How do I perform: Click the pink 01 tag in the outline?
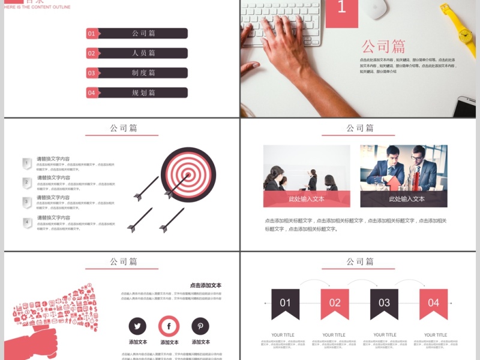(x=92, y=34)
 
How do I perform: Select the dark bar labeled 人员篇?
(x=144, y=53)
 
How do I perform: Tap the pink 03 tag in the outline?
(x=92, y=73)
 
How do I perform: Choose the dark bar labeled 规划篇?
(x=144, y=93)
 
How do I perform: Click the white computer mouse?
(x=377, y=9)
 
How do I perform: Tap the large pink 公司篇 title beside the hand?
(x=383, y=46)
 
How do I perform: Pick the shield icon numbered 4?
(x=27, y=223)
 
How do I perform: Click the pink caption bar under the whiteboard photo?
(x=307, y=199)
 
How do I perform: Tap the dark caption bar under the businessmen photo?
(x=403, y=199)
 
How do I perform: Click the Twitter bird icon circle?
(x=137, y=326)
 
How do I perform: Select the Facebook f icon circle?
(x=169, y=326)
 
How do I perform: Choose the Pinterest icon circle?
(x=200, y=326)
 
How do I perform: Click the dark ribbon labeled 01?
(x=285, y=303)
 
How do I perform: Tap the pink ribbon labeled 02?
(x=335, y=303)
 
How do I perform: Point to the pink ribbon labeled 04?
(x=433, y=303)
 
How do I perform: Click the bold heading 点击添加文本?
(x=206, y=285)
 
